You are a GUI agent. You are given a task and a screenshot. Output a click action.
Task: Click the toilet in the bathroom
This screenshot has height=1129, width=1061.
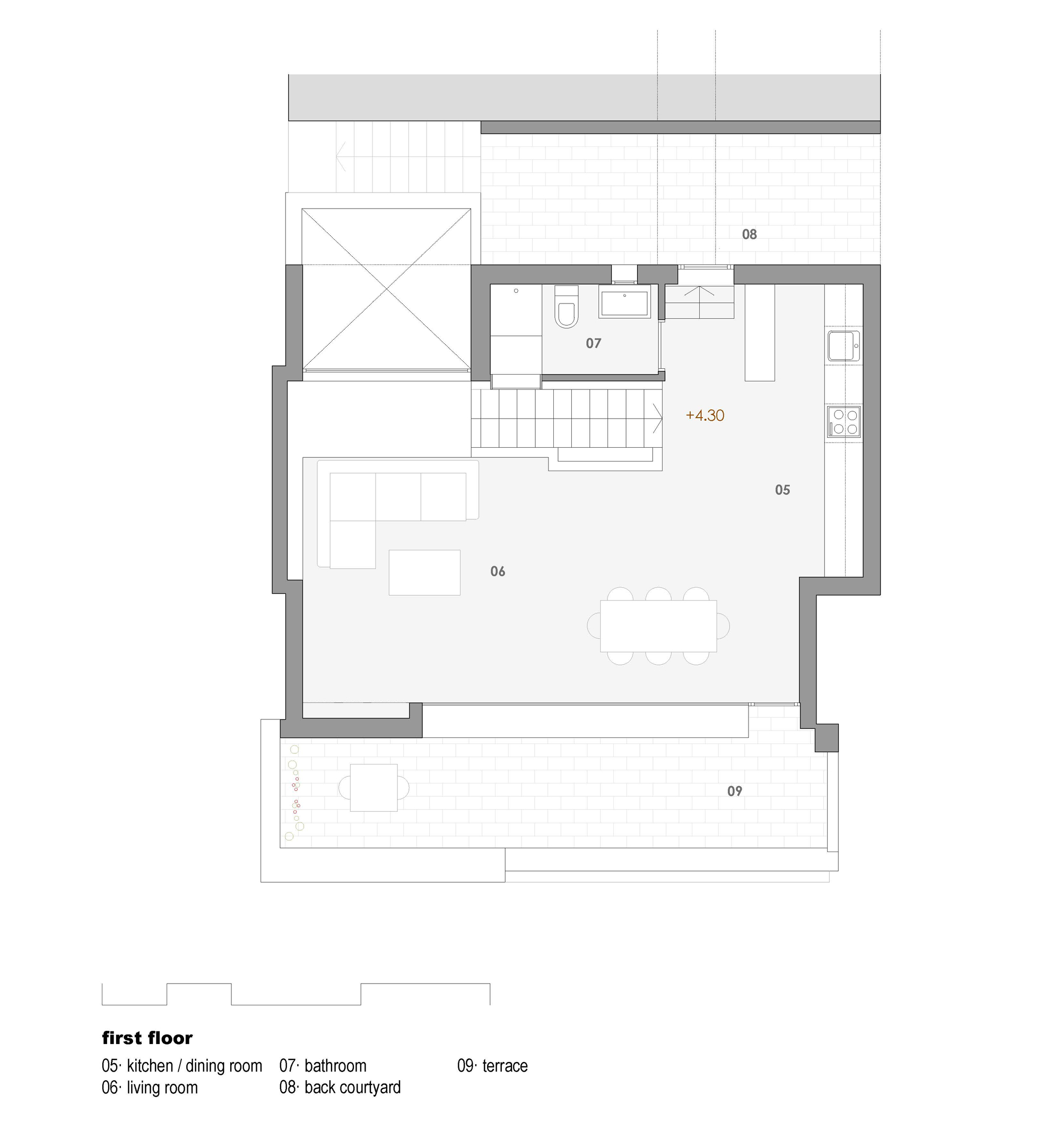point(566,309)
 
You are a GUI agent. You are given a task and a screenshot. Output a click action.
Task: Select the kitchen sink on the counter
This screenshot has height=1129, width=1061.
point(843,345)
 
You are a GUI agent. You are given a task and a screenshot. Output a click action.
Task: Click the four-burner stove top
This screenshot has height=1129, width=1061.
point(844,421)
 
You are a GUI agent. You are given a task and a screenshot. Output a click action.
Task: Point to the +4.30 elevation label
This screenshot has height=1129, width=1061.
point(705,415)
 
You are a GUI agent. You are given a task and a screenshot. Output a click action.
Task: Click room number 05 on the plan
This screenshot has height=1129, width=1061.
point(782,490)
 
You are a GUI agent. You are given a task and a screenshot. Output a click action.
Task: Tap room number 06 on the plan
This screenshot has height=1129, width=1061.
point(498,571)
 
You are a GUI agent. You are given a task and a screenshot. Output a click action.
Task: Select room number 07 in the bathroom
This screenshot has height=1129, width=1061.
point(593,343)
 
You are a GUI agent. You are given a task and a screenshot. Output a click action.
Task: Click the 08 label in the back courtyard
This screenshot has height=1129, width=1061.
point(749,234)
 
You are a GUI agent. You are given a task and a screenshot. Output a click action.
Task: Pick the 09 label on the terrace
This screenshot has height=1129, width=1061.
point(734,791)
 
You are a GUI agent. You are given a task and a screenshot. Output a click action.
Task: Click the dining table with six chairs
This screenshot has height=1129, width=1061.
point(658,626)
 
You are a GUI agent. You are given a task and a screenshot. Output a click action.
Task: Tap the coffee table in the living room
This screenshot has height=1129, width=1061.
point(424,572)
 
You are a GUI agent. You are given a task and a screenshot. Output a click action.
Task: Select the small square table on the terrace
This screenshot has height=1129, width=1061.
point(373,787)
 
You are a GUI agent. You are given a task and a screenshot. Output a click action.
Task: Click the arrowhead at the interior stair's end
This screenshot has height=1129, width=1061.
point(658,419)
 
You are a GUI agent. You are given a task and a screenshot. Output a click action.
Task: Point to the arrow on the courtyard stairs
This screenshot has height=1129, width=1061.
point(341,157)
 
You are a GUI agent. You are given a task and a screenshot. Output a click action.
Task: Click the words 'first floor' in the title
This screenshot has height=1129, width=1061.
point(147,1038)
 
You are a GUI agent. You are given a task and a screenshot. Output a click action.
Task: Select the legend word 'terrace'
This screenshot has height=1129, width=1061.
point(505,1066)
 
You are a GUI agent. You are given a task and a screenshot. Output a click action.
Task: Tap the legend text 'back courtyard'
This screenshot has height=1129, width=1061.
point(352,1088)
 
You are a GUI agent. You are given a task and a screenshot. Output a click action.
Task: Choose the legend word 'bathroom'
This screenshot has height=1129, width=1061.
point(335,1066)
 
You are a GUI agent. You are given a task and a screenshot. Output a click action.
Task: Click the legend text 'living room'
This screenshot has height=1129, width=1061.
point(162,1088)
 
